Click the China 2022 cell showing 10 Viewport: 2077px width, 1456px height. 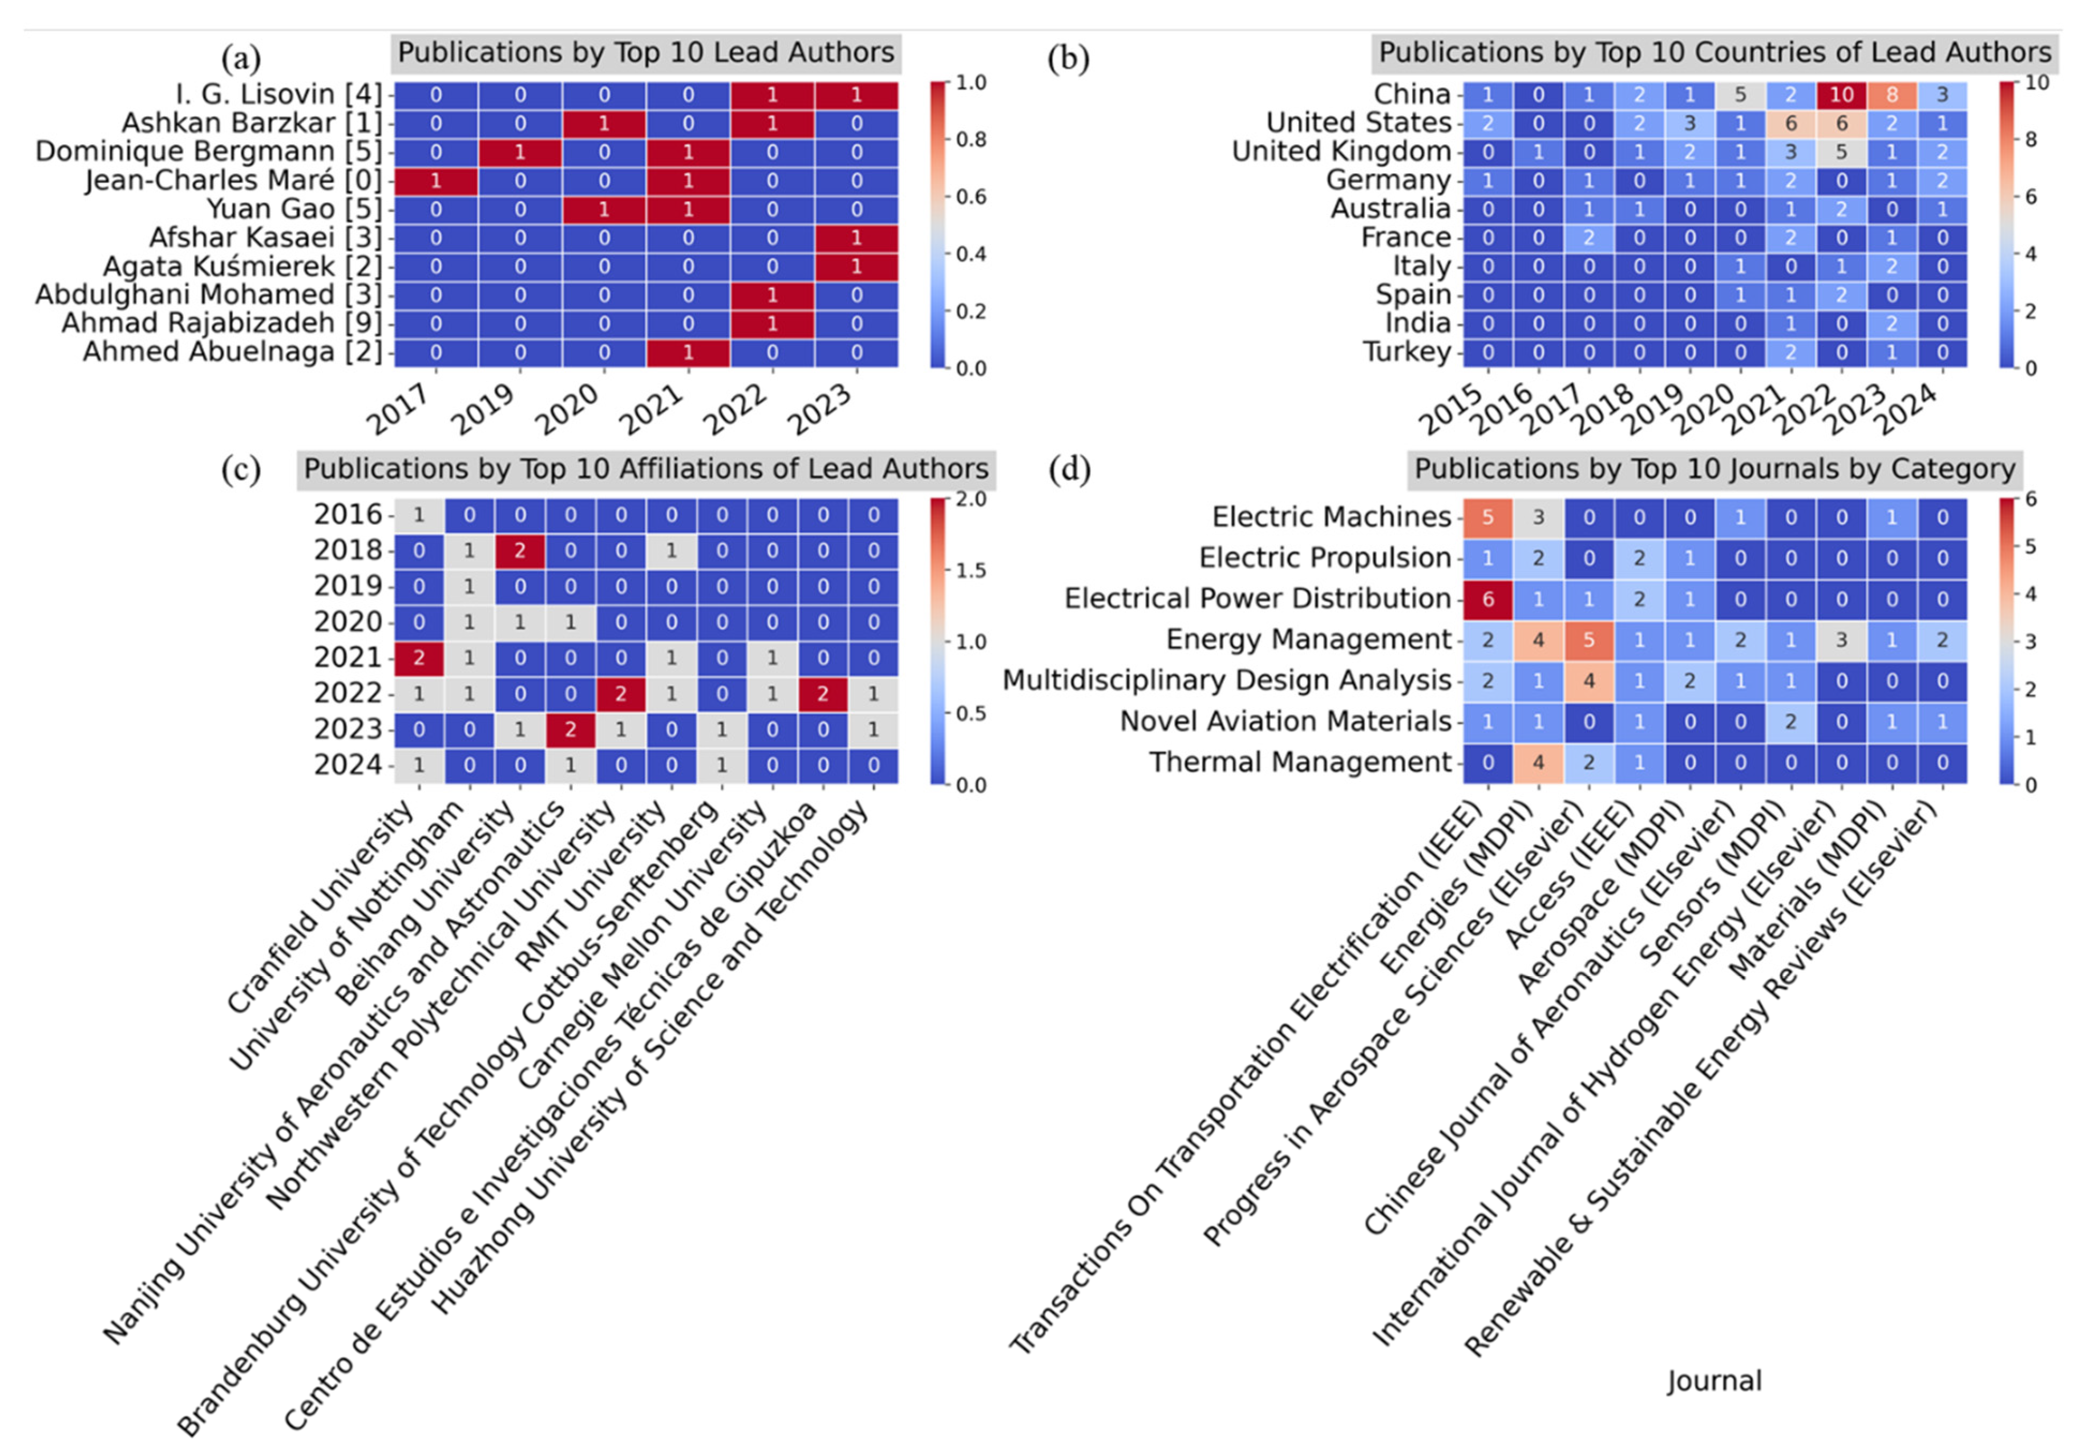(1841, 94)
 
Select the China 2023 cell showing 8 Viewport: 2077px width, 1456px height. (1892, 94)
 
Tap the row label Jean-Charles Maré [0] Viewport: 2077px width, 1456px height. (233, 181)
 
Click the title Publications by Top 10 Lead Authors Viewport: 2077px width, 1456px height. (646, 53)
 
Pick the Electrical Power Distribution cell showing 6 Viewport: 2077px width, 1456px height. (1488, 599)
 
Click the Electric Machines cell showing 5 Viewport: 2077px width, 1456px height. (1488, 518)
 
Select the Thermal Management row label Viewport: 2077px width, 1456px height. (1299, 763)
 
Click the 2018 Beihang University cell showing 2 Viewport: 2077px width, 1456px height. (519, 550)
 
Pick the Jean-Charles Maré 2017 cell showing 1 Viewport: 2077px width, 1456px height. (436, 181)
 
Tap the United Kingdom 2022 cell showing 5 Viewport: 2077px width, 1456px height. (1841, 152)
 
